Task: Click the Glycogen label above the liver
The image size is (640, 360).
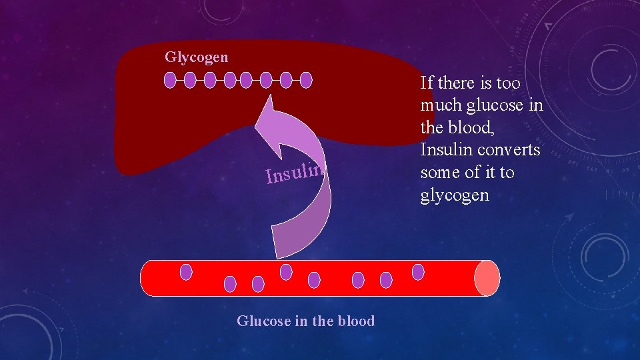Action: (x=196, y=57)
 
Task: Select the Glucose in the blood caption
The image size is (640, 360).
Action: (x=305, y=321)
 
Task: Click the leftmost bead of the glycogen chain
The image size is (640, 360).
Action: (x=170, y=81)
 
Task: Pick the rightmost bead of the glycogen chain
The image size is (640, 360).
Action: (x=306, y=81)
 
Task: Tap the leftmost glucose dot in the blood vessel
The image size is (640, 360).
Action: (x=186, y=272)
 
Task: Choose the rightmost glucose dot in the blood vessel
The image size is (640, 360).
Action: (x=418, y=272)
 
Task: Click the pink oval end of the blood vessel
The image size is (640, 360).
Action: (x=487, y=278)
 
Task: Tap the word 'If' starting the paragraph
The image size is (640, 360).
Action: (x=427, y=83)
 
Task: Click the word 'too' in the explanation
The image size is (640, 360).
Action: (x=507, y=83)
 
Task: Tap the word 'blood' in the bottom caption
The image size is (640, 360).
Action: (x=356, y=321)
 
